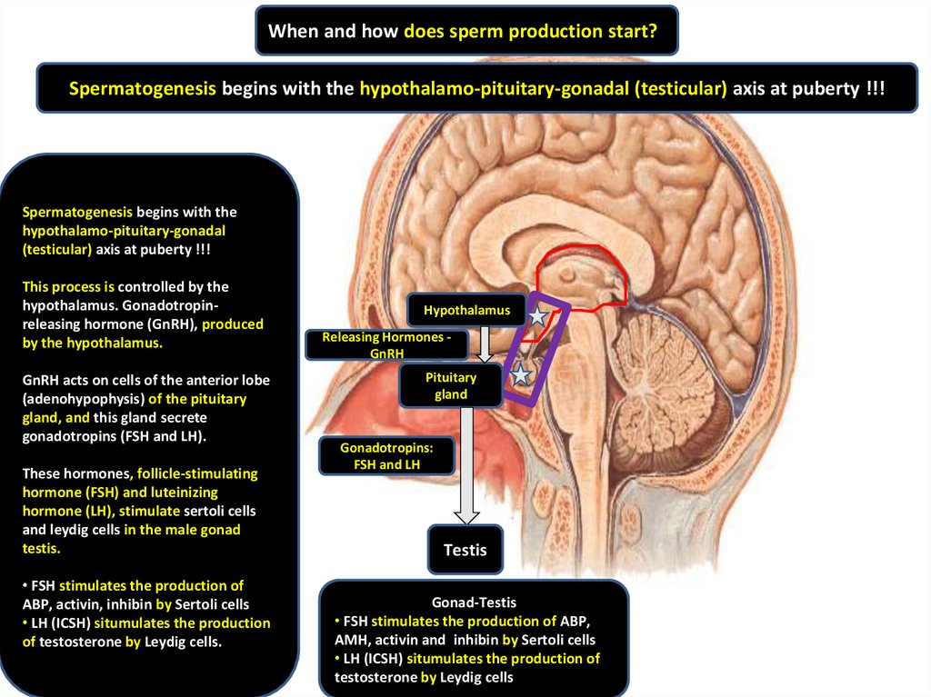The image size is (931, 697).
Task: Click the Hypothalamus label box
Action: click(465, 311)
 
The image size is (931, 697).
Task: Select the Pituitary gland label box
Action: click(451, 385)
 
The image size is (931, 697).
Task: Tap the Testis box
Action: click(465, 550)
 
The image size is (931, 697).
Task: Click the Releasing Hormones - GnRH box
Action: click(386, 344)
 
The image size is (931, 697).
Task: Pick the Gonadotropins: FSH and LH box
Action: click(386, 456)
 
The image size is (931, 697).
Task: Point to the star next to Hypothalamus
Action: click(538, 315)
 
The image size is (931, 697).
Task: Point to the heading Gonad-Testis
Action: click(474, 602)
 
